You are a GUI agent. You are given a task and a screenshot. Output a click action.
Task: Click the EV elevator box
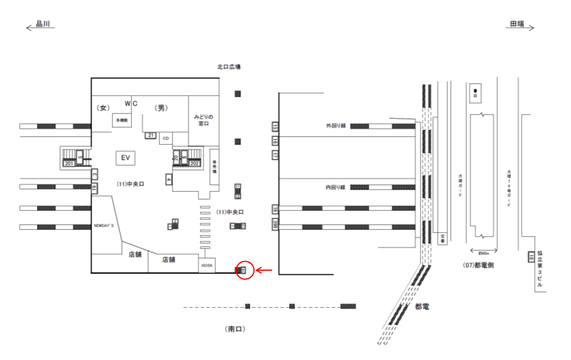click(125, 158)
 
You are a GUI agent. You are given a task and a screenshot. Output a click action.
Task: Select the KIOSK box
click(207, 264)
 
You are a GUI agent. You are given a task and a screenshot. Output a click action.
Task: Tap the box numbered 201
click(69, 164)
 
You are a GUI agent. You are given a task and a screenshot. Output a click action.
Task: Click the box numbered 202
click(194, 163)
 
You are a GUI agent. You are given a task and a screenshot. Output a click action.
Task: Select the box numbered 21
click(151, 136)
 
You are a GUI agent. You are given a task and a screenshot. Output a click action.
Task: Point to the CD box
click(166, 139)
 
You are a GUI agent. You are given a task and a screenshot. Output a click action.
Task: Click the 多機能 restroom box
click(122, 120)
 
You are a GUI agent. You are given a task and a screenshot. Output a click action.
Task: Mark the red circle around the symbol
click(245, 270)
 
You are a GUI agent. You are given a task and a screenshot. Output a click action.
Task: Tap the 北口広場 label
click(228, 67)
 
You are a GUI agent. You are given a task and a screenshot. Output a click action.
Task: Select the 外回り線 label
click(336, 126)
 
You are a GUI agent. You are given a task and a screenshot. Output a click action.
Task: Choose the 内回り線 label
click(336, 187)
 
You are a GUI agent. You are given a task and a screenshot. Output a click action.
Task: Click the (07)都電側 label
click(478, 265)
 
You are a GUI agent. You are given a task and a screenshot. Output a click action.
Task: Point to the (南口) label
click(236, 328)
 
